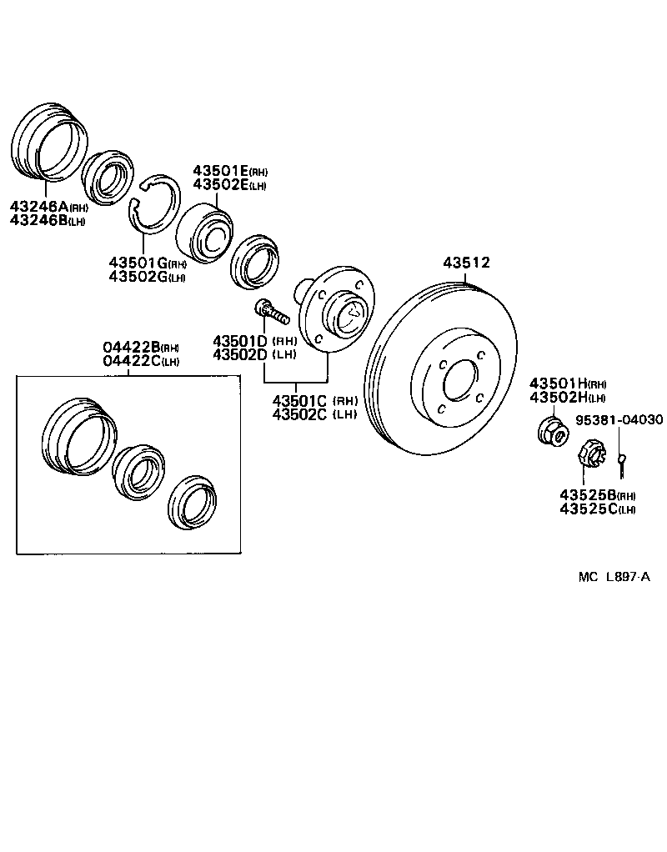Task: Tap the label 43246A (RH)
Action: click(48, 208)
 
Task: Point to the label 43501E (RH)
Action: click(230, 170)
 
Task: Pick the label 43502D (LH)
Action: click(254, 354)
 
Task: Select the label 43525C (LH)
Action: click(597, 509)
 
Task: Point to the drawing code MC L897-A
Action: click(614, 576)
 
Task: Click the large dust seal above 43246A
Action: click(49, 141)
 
